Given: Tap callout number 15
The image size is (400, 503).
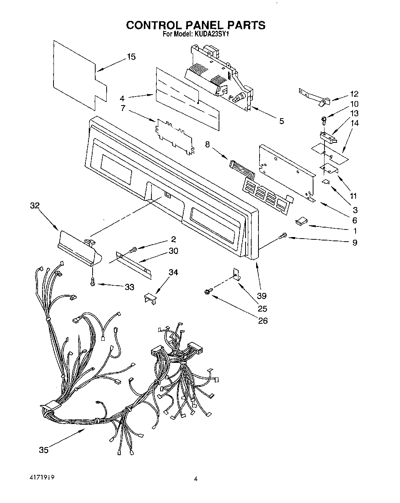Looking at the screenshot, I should (131, 57).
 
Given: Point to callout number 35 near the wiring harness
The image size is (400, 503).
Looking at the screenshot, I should (44, 450).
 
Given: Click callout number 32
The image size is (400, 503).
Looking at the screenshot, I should (35, 206).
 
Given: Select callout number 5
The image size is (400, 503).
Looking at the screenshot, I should (281, 121).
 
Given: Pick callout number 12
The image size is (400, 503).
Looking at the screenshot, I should (354, 94).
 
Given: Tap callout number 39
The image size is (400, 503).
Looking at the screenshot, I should (262, 296).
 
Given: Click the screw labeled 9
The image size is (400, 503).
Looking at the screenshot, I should (283, 236).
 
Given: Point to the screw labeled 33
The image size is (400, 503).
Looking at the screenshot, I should (92, 282).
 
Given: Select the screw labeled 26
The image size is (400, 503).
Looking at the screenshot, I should (208, 291).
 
